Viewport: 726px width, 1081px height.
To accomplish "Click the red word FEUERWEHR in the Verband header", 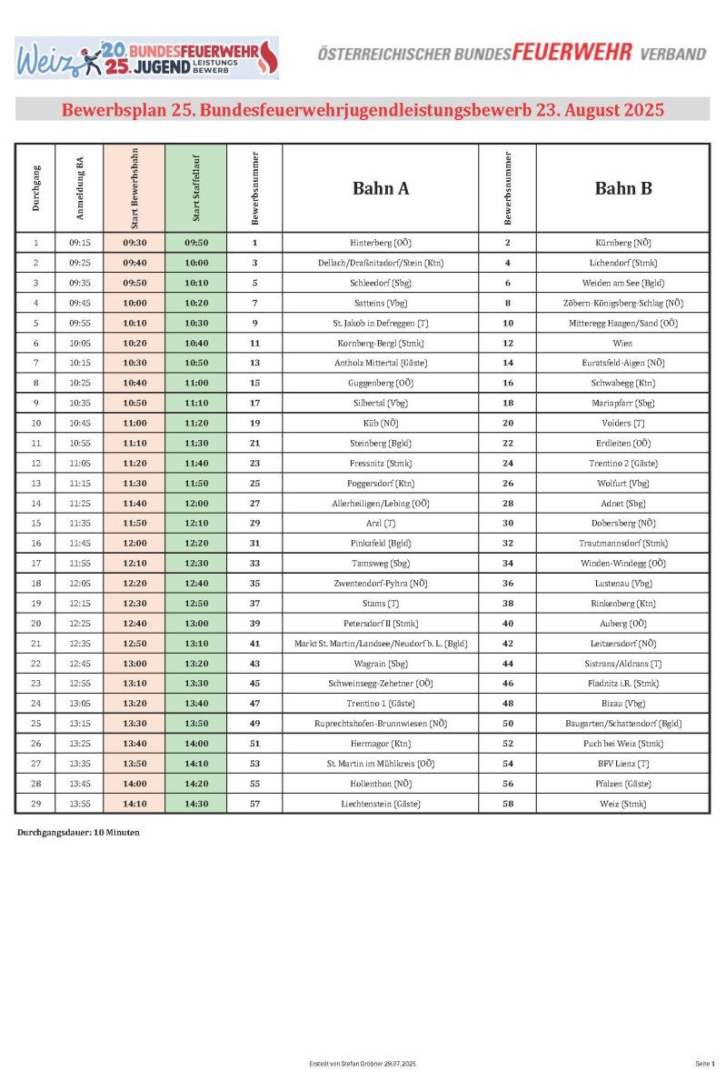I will click(572, 53).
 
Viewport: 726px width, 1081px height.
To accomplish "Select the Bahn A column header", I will click(380, 188).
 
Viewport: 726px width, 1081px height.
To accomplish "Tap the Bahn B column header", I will click(622, 188).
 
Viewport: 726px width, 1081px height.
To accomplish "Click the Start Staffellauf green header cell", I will click(195, 188).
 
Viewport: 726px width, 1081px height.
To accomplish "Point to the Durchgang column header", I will click(35, 188).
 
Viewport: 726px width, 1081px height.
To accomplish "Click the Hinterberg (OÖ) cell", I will click(380, 243).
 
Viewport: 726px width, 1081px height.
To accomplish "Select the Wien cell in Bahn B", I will click(622, 343).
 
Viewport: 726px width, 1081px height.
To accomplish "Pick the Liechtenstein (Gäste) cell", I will click(380, 803).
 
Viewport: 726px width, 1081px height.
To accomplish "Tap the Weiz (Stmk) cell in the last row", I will click(622, 803).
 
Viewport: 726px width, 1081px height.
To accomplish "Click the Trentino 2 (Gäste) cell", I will click(622, 463).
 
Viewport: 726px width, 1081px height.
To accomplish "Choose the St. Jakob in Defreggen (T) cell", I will click(380, 323).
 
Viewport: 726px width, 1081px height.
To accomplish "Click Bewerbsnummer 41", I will click(254, 643).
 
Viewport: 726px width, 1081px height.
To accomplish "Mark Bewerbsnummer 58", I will click(507, 803).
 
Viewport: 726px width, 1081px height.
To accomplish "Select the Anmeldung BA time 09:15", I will click(79, 243).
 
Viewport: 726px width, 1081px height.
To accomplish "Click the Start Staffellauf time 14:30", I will click(195, 803).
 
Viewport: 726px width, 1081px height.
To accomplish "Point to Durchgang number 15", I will click(35, 523).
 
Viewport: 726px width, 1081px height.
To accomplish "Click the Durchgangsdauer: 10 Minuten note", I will click(78, 832).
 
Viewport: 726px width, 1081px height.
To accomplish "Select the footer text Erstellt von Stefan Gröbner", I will click(363, 1063).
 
